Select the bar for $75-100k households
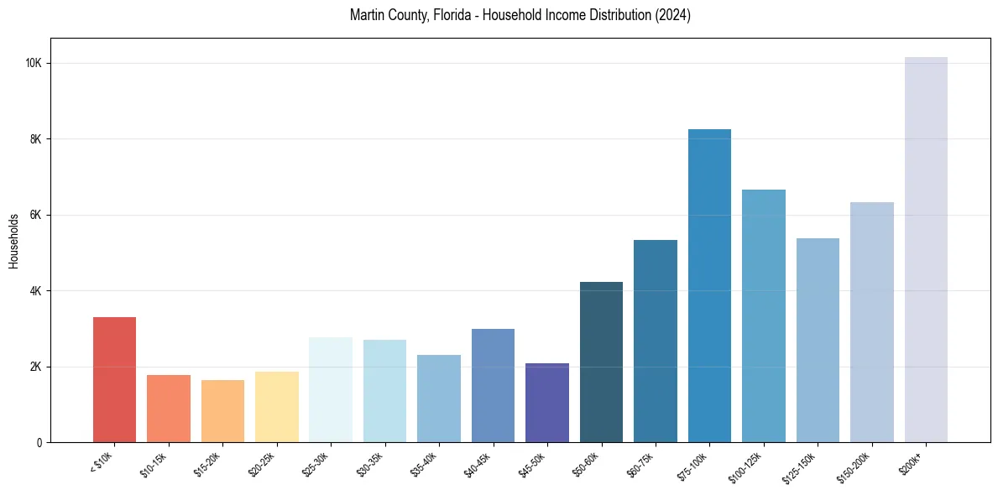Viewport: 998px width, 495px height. tap(709, 286)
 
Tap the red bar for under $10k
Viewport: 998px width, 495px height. tap(114, 380)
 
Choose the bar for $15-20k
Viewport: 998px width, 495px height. tap(222, 411)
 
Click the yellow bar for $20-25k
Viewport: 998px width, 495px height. tap(277, 407)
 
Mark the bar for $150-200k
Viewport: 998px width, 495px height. tap(872, 322)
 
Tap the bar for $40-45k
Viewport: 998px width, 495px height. tap(493, 386)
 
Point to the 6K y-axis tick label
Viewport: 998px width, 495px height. tap(36, 215)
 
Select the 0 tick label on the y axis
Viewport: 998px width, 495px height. tap(39, 443)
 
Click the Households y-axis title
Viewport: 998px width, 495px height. tap(13, 241)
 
